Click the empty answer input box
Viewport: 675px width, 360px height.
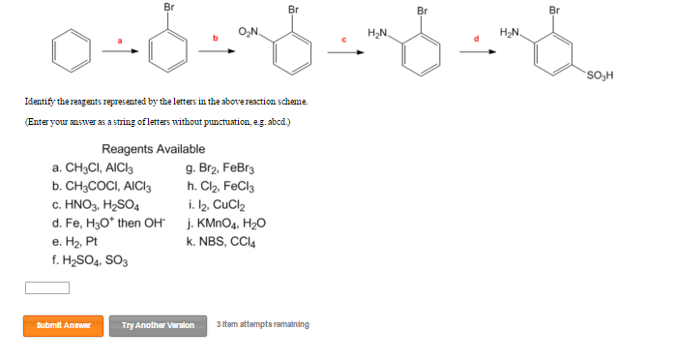(47, 287)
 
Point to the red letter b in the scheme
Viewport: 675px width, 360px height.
(216, 38)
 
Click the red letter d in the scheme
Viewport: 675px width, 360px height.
(475, 38)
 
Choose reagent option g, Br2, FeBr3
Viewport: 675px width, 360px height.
(221, 168)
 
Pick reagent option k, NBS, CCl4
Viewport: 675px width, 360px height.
(221, 242)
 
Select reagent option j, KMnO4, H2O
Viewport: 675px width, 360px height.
(226, 224)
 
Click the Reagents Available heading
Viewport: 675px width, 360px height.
(153, 149)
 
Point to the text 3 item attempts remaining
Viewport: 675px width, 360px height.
(263, 324)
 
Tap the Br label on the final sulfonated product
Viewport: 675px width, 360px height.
(554, 10)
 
